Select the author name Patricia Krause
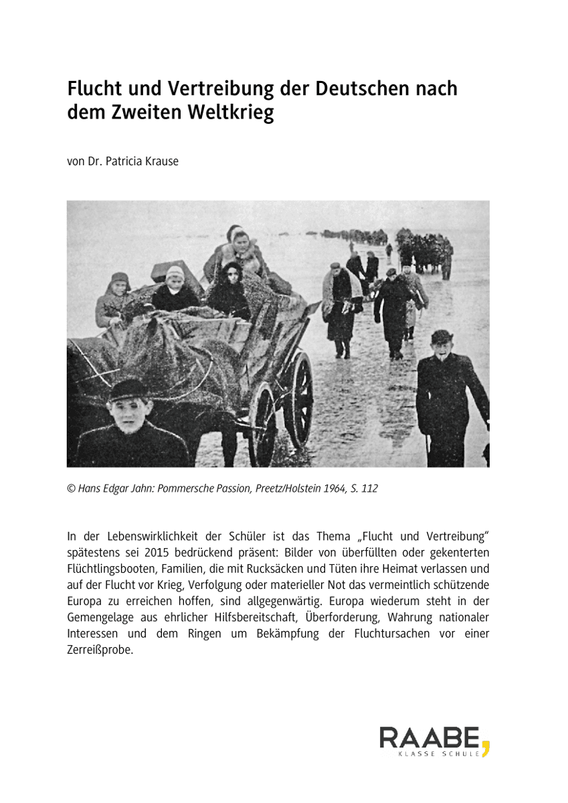click(x=147, y=161)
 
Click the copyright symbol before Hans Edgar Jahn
click(x=71, y=488)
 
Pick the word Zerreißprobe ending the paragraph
click(x=100, y=648)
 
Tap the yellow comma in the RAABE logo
click(x=486, y=746)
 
